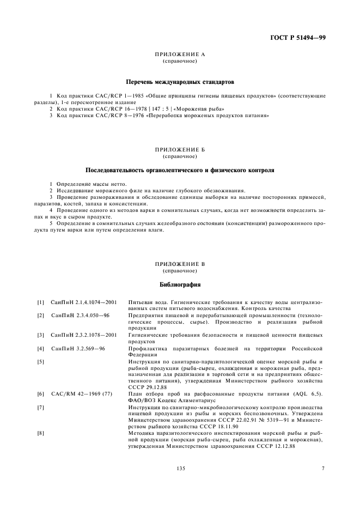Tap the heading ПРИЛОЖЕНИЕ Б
(x=180, y=149)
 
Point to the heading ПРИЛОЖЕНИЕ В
(x=180, y=264)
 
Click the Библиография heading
(x=180, y=284)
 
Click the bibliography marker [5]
(x=40, y=362)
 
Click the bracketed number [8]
(x=40, y=434)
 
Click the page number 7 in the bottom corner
(x=322, y=469)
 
